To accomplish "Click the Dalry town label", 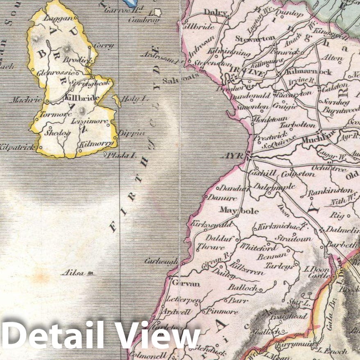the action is coord(215,13).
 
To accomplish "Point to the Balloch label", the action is coord(243,288).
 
